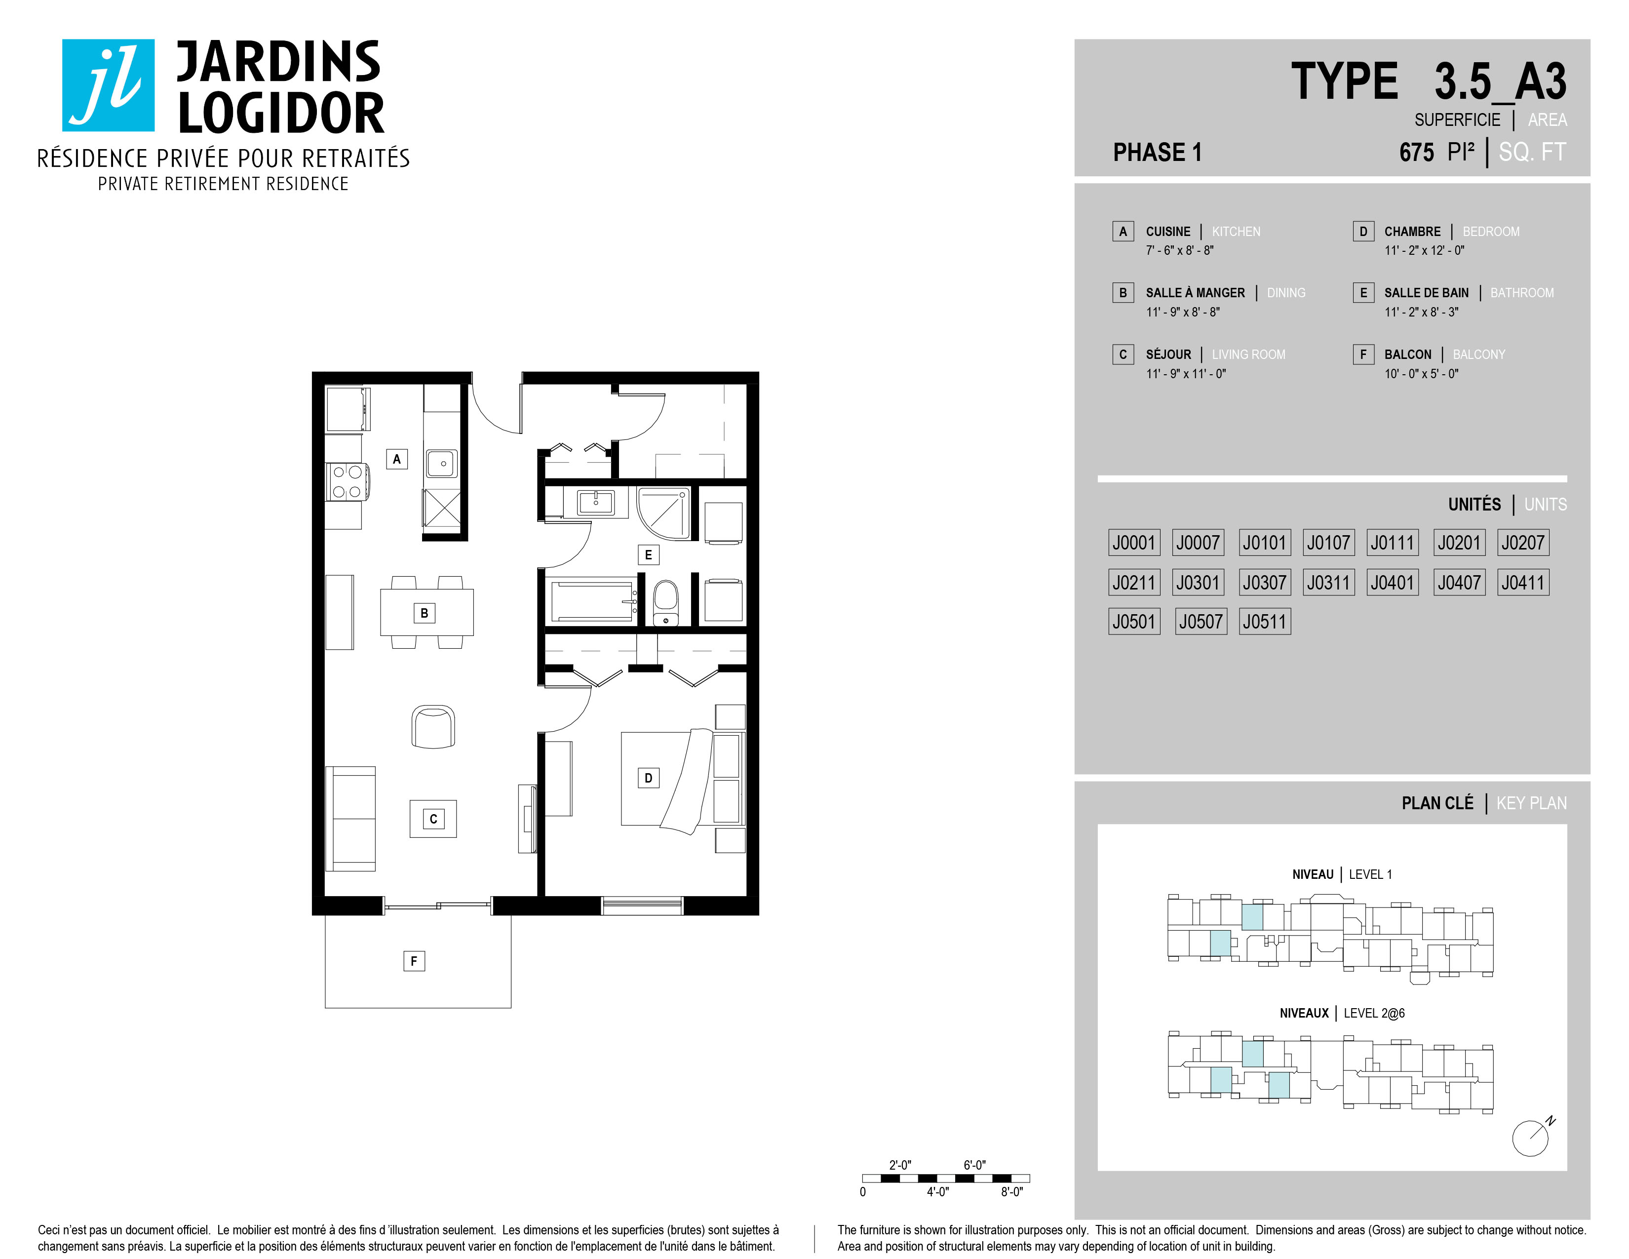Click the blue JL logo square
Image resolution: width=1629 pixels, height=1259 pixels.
(108, 85)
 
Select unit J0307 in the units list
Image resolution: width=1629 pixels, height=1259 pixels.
(1264, 582)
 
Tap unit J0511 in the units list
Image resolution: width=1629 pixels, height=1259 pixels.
(1264, 621)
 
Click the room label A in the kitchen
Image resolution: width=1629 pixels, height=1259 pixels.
(397, 459)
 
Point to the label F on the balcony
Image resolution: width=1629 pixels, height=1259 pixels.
(414, 961)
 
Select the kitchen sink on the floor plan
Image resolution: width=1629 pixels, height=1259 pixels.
(442, 463)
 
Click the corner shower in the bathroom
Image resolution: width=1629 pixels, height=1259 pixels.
(664, 513)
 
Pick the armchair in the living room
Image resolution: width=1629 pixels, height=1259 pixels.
(433, 726)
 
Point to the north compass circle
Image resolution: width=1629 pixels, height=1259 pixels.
(1530, 1139)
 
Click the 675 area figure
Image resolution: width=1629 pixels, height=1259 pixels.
(1416, 152)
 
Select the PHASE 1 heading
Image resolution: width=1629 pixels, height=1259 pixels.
(1157, 152)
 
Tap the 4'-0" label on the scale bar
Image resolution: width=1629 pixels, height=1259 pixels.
(937, 1192)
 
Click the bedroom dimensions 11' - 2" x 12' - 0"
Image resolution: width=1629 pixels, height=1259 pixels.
(1424, 251)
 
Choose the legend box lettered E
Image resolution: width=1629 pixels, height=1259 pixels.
(1363, 292)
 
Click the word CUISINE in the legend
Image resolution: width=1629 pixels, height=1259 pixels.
(1168, 231)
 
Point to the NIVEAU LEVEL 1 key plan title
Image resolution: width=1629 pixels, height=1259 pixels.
(1342, 874)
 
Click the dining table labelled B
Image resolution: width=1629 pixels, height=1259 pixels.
(427, 612)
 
